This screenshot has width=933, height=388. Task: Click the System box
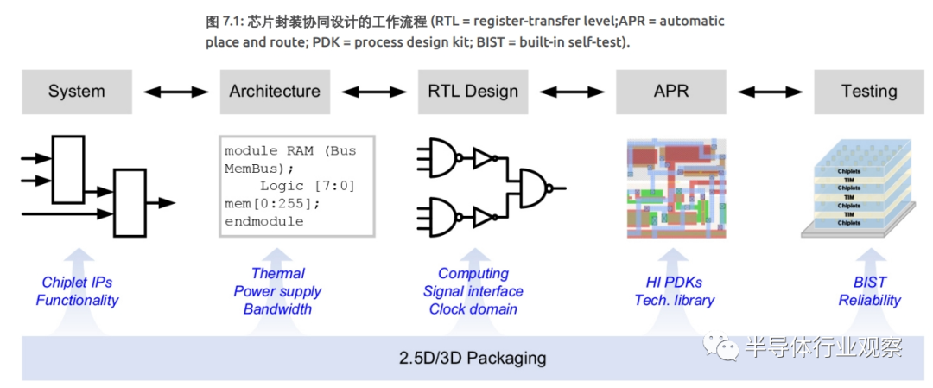click(x=76, y=92)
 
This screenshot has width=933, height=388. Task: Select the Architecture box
click(x=275, y=92)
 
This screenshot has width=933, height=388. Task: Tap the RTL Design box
click(x=473, y=92)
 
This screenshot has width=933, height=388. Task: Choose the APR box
click(x=671, y=92)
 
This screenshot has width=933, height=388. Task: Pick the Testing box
click(x=868, y=92)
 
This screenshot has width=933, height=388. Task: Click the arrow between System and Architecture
click(x=175, y=91)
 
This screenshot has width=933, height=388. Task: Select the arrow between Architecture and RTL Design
click(x=374, y=91)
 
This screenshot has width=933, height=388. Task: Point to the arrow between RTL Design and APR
click(x=572, y=91)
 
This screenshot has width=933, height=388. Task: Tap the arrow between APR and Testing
click(x=771, y=91)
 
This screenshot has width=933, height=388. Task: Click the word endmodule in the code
click(x=263, y=221)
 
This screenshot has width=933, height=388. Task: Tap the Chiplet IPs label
click(x=77, y=283)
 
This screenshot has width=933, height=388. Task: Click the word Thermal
click(x=277, y=274)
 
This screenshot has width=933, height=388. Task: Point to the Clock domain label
click(x=473, y=309)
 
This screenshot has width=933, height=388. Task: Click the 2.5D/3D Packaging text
click(x=472, y=358)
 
